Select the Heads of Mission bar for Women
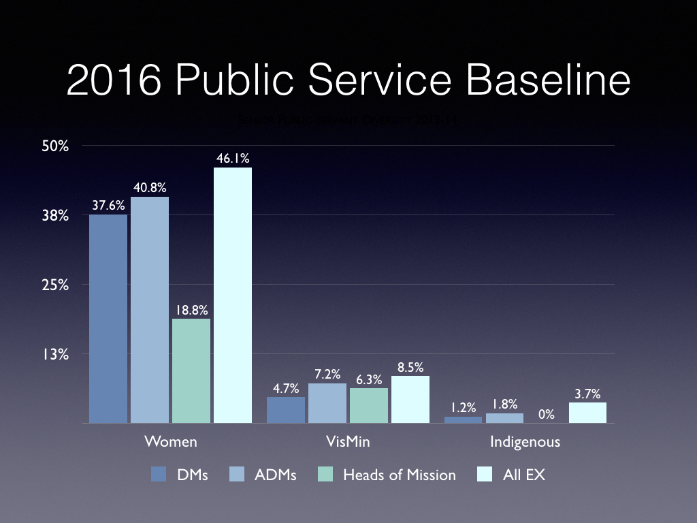(191, 370)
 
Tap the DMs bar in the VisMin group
(286, 410)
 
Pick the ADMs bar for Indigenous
(504, 418)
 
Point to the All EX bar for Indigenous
(587, 413)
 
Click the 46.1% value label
(233, 158)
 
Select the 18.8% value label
(191, 310)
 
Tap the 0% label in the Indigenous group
(546, 414)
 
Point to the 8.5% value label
(410, 367)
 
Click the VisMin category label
(348, 441)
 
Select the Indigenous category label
(525, 441)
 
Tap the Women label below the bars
(171, 441)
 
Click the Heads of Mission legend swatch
(326, 475)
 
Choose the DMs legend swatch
(159, 475)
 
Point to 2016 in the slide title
(113, 81)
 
